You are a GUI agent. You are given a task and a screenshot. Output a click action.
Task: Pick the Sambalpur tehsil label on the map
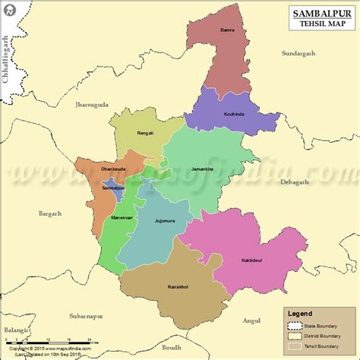[x=113, y=188]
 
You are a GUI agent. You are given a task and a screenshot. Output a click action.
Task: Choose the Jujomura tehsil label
[x=165, y=221]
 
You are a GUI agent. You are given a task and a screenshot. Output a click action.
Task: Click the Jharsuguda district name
[x=92, y=104]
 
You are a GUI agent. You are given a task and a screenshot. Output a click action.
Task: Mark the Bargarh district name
[x=50, y=214]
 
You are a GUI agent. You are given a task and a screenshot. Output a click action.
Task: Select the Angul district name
[x=251, y=321]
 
